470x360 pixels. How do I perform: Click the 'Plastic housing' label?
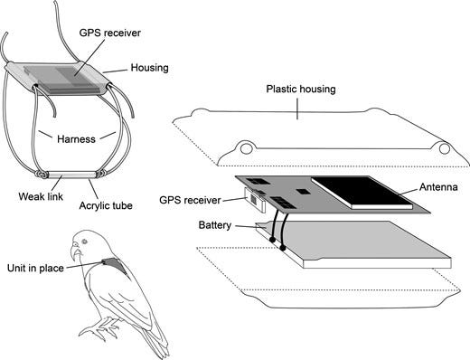point(301,90)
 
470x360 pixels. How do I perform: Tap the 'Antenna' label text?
point(438,187)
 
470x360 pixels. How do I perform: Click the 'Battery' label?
point(215,225)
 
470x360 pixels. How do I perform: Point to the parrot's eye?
point(83,242)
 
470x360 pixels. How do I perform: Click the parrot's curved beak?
point(75,252)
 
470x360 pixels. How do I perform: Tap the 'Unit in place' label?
point(35,268)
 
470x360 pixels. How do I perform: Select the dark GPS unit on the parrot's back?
point(115,265)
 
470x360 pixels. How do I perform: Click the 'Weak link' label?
point(41,196)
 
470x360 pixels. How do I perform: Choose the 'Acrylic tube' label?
point(106,205)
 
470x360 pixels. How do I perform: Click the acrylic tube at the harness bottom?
point(71,175)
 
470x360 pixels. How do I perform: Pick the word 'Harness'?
point(76,139)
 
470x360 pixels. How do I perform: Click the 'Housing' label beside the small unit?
point(149,68)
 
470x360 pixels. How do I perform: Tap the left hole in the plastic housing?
point(246,148)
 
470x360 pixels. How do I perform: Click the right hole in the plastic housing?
point(444,148)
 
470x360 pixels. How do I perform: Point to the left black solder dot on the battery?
point(272,240)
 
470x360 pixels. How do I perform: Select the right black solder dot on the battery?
point(282,248)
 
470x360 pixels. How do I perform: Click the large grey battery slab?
point(353,244)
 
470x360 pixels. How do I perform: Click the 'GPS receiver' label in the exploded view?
point(190,200)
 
